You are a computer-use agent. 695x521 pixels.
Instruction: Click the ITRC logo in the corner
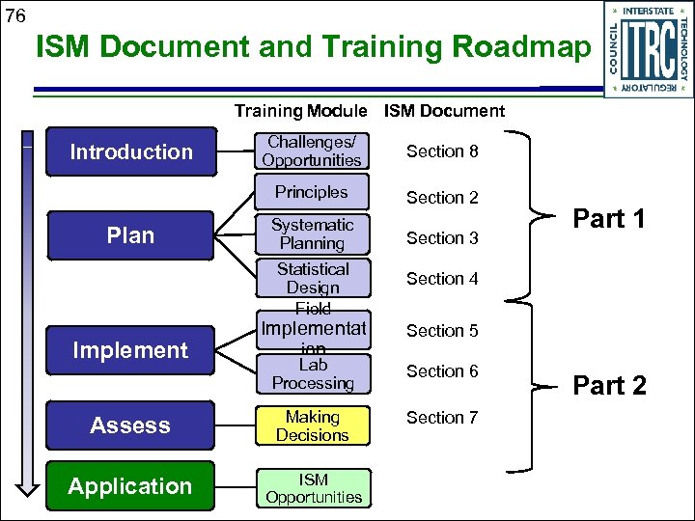click(648, 48)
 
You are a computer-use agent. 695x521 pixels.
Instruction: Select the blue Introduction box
click(130, 151)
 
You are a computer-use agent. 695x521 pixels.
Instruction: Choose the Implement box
click(130, 350)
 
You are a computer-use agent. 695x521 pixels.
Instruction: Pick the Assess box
click(130, 425)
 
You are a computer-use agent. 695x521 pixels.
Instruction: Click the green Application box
click(130, 486)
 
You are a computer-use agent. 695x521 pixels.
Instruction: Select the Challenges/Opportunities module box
click(312, 151)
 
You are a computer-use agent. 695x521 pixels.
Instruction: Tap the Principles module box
click(312, 192)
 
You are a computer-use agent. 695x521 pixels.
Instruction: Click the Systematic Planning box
click(312, 234)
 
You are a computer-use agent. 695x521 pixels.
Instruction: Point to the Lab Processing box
click(312, 374)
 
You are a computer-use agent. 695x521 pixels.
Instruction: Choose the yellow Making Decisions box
click(312, 426)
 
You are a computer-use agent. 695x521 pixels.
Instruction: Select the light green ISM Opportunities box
click(313, 488)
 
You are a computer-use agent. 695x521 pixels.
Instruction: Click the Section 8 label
click(442, 151)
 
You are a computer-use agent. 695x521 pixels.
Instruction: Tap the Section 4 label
click(442, 279)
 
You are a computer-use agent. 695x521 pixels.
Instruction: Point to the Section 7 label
click(442, 418)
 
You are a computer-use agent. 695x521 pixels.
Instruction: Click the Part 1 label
click(609, 219)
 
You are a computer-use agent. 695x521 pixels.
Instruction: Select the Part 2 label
click(609, 386)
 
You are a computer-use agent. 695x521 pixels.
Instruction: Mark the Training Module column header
click(300, 111)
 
